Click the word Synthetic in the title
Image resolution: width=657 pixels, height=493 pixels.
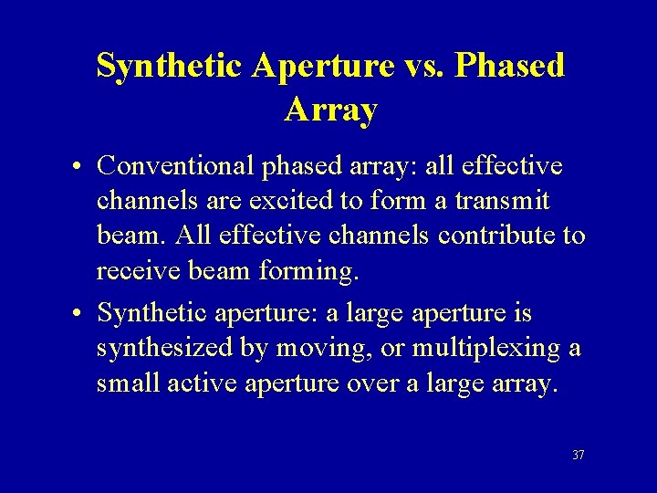point(169,67)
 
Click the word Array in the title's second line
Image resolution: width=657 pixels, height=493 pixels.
point(330,110)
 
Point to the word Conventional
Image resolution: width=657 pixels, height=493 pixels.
point(178,166)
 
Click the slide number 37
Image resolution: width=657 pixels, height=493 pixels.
point(578,455)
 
